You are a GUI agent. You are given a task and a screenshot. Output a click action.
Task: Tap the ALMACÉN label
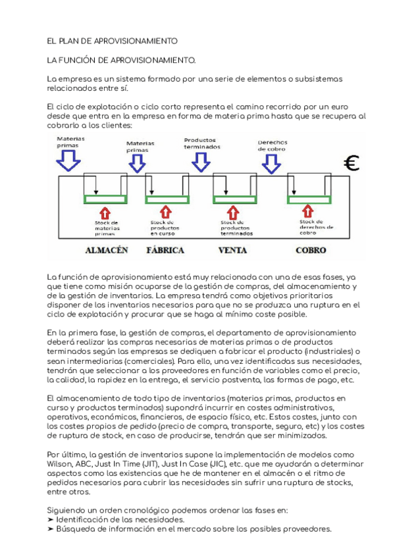[x=106, y=250]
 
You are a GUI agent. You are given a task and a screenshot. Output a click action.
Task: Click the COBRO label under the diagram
[x=311, y=250]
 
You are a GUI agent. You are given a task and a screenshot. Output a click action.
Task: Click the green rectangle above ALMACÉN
[x=105, y=199]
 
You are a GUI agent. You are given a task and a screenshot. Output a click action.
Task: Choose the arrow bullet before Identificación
[x=51, y=520]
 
